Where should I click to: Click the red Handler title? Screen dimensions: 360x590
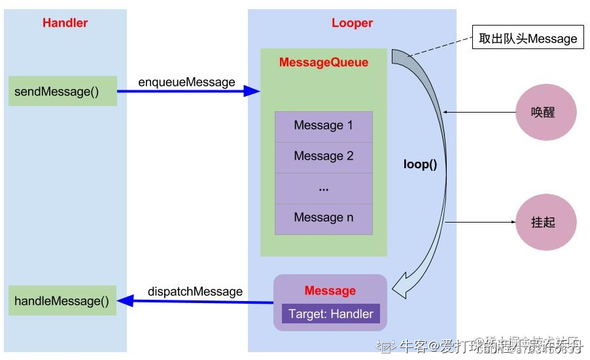(x=65, y=23)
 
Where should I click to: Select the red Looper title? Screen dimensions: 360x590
(x=352, y=23)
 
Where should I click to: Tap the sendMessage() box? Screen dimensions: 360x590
(x=63, y=91)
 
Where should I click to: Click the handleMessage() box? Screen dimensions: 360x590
(x=63, y=300)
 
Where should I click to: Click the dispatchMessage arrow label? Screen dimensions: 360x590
(x=195, y=291)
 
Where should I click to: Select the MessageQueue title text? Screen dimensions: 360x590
(x=323, y=63)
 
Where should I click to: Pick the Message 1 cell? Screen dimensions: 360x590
(x=323, y=126)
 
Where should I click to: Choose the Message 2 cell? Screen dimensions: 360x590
(x=323, y=156)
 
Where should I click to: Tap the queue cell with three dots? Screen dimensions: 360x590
(x=323, y=187)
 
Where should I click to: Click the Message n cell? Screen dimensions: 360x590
(x=323, y=218)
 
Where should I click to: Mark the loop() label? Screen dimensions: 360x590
(x=420, y=164)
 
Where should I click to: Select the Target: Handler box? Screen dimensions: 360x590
(x=330, y=314)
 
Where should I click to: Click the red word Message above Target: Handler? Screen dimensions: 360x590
(x=330, y=291)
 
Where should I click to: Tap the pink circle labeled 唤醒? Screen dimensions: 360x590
(x=546, y=113)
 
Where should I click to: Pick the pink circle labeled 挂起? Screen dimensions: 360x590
(x=546, y=223)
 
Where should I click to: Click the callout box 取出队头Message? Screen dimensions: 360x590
(x=528, y=39)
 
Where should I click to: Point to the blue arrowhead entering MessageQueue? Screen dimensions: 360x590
(x=252, y=91)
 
